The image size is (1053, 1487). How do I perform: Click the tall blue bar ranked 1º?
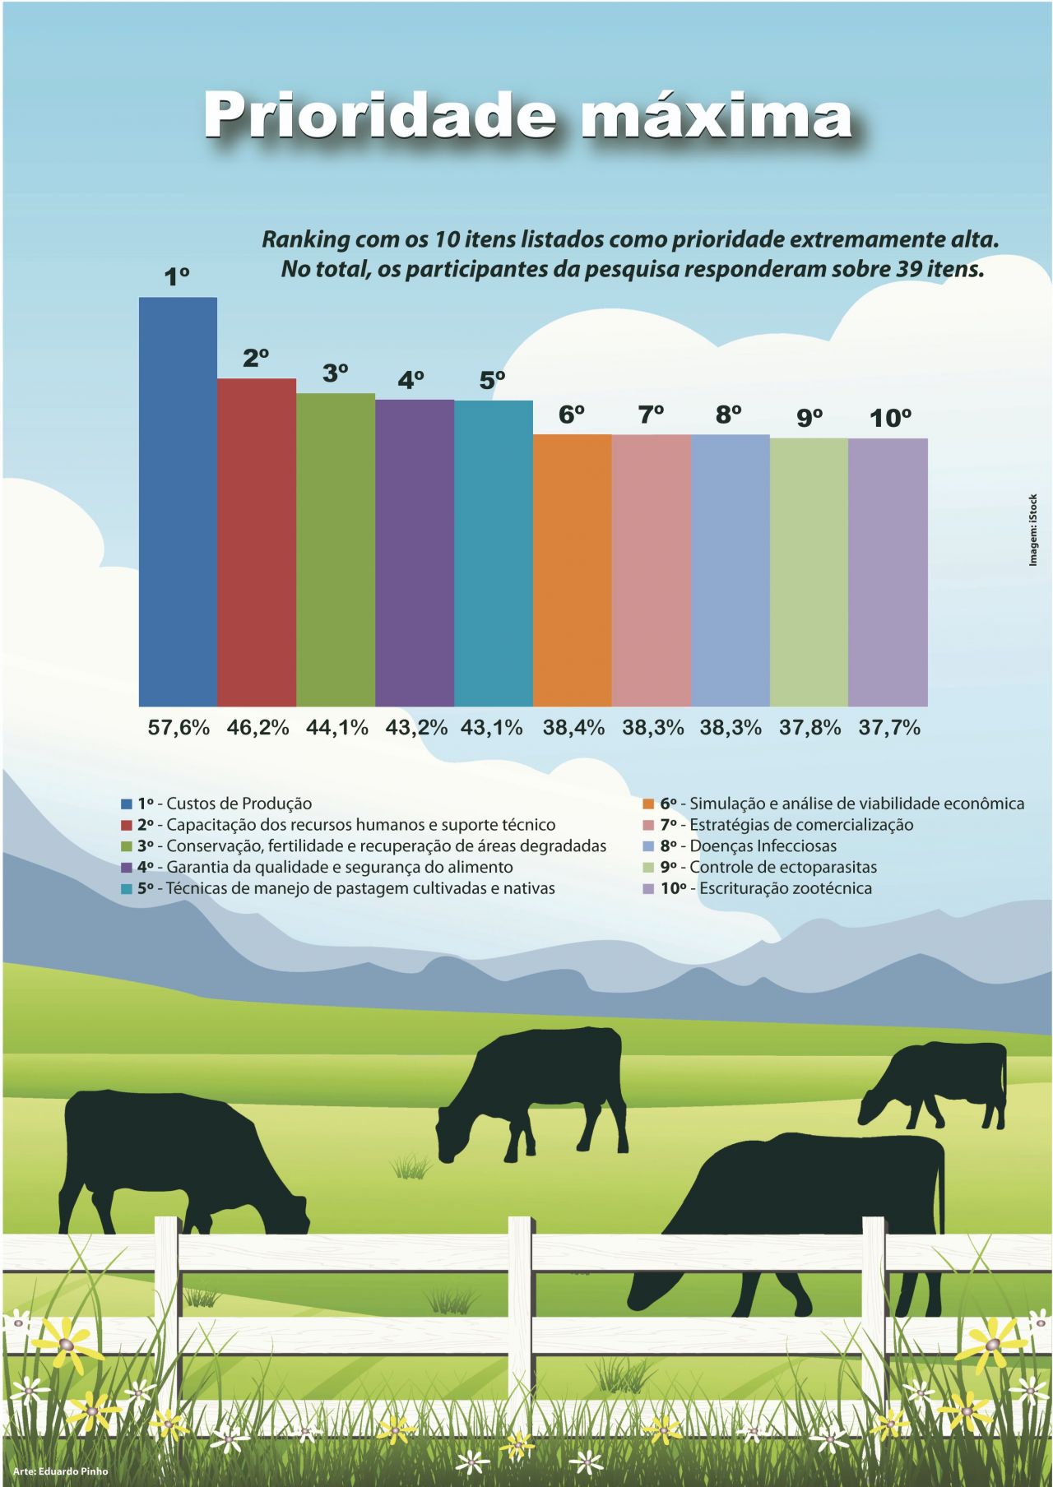click(x=178, y=502)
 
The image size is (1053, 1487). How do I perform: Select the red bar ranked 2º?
click(x=257, y=543)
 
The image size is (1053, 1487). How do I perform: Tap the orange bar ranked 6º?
click(x=573, y=570)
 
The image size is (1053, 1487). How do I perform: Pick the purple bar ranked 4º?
click(x=415, y=553)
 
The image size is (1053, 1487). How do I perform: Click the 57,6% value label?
click(x=179, y=728)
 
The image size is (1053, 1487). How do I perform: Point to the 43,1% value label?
click(x=492, y=728)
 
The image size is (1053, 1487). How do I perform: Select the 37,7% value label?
click(x=889, y=728)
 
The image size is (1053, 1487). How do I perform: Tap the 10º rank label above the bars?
click(x=890, y=419)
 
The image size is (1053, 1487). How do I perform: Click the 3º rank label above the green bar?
click(x=335, y=373)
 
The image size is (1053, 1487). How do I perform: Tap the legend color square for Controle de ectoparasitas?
click(x=648, y=867)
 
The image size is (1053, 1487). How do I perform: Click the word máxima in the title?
click(x=716, y=117)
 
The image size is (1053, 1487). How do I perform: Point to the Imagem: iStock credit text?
click(x=1034, y=530)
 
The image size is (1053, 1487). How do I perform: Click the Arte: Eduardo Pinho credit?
click(x=60, y=1471)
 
